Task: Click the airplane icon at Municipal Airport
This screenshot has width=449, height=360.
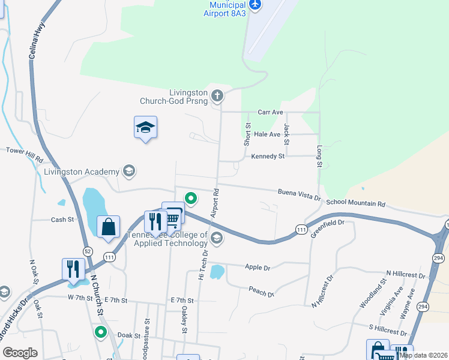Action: [x=256, y=5]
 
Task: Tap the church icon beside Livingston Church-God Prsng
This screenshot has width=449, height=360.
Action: [x=217, y=94]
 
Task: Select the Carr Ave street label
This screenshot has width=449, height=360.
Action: [x=270, y=112]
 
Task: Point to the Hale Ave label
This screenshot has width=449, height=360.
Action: [x=267, y=134]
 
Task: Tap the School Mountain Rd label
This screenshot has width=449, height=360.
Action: [x=355, y=203]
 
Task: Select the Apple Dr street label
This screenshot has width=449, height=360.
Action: [x=258, y=267]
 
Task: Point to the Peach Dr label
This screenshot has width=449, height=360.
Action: [x=262, y=292]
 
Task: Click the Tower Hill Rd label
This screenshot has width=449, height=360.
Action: [x=25, y=155]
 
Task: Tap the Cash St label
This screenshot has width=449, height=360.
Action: [x=62, y=220]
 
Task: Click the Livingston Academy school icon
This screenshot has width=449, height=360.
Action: [x=128, y=172]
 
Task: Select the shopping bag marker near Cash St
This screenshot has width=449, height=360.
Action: [x=108, y=227]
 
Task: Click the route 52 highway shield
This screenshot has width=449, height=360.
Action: [x=88, y=251]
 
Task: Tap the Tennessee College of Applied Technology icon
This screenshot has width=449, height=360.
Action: [x=217, y=239]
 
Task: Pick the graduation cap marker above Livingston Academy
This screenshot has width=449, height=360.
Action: [x=145, y=127]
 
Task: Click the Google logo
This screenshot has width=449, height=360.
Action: [x=20, y=353]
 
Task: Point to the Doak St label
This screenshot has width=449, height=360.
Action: [x=128, y=337]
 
